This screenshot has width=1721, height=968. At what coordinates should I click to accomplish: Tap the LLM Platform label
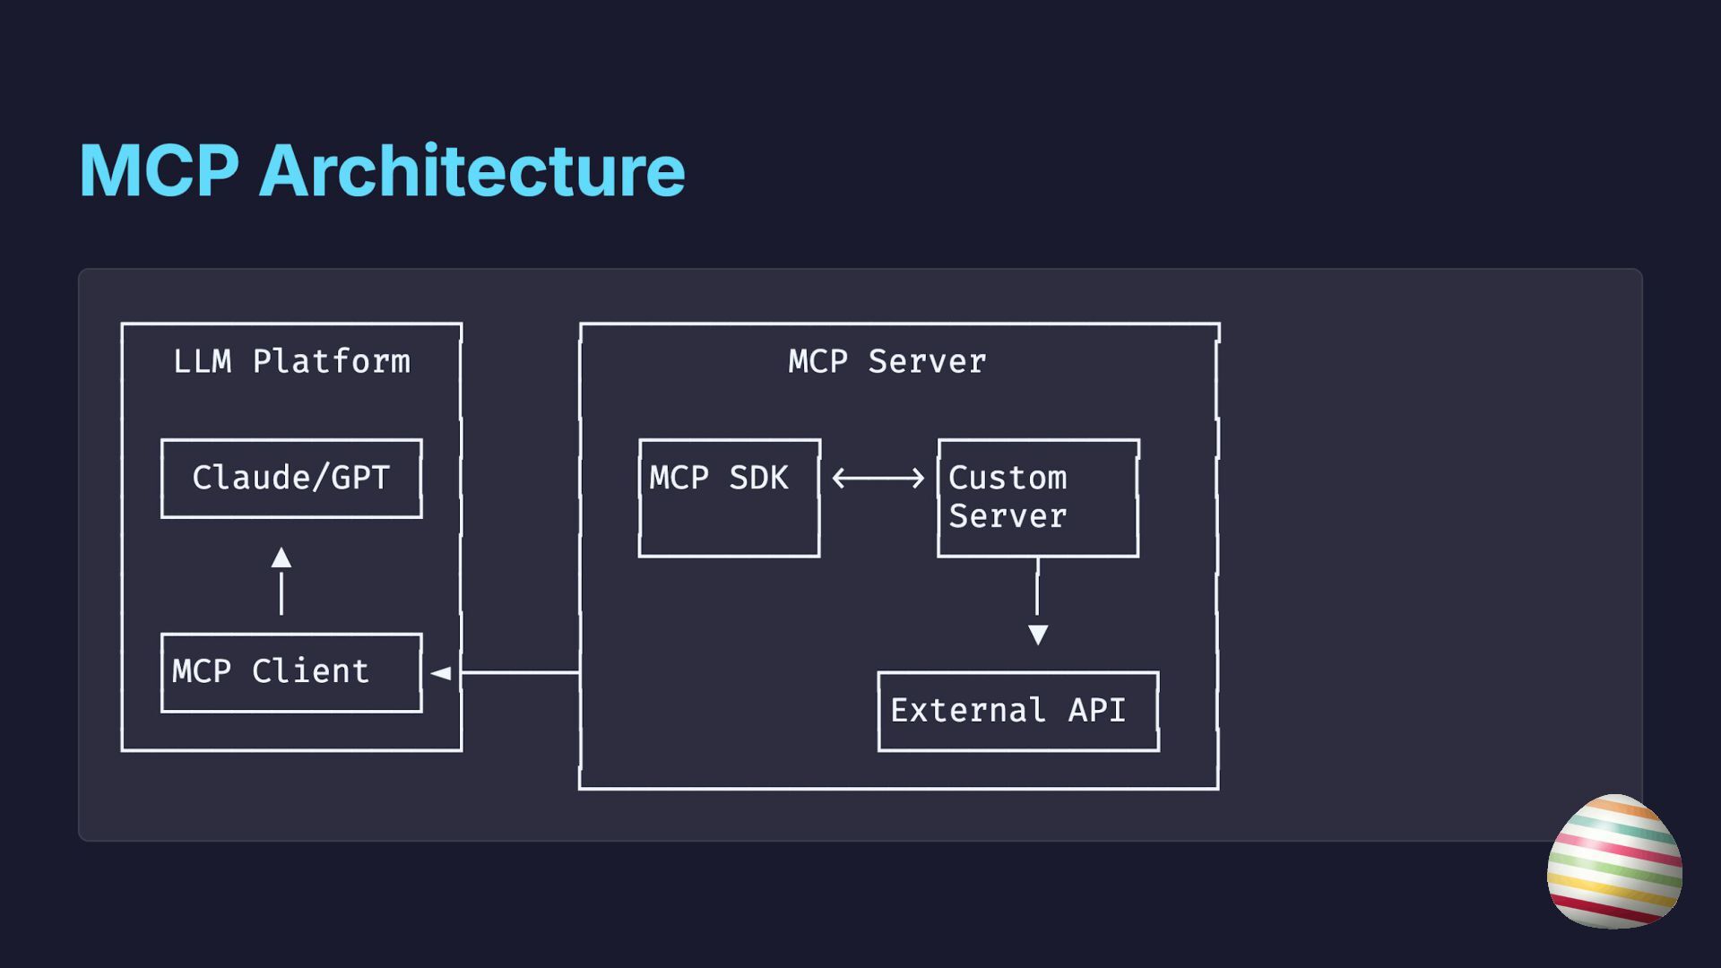[x=291, y=361]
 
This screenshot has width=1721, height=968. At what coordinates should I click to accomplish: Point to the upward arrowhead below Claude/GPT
[x=281, y=557]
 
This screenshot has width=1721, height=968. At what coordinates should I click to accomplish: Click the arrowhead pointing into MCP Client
[x=440, y=672]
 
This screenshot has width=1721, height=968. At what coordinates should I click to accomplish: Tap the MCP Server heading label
[x=887, y=361]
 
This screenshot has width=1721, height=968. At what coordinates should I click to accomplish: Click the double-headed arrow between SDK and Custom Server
[x=878, y=478]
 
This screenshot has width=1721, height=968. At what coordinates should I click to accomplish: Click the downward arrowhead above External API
[x=1038, y=635]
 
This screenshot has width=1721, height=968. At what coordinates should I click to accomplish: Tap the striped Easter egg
[x=1614, y=861]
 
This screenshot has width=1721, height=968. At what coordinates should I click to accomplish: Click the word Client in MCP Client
[x=310, y=671]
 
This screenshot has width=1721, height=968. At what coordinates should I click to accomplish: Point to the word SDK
[x=758, y=478]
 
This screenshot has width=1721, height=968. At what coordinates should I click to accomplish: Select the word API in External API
[x=1097, y=710]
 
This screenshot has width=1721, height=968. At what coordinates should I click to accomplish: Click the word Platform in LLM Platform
[x=332, y=361]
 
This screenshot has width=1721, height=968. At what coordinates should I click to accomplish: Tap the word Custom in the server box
[x=1008, y=478]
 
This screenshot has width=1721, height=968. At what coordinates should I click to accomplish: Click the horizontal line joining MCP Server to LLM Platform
[x=521, y=672]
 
